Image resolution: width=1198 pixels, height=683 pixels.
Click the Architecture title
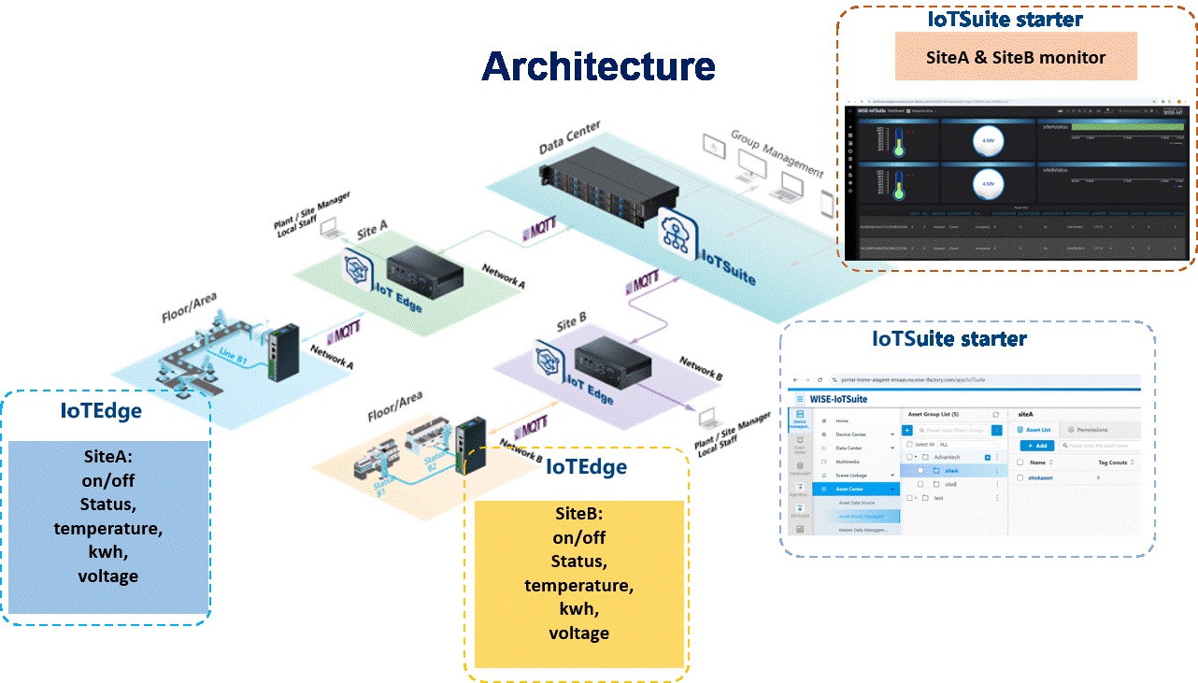click(598, 66)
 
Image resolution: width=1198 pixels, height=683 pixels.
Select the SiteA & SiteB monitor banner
click(1016, 57)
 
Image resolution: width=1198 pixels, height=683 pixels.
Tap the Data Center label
click(569, 137)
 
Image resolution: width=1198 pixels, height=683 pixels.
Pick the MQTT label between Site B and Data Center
click(645, 281)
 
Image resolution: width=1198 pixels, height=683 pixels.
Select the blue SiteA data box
click(108, 527)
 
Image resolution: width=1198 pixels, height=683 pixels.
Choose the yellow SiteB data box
click(579, 583)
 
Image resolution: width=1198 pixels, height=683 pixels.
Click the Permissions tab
click(1091, 430)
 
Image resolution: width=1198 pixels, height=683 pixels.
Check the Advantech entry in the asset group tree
click(947, 457)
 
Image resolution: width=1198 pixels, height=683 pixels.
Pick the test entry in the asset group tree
click(938, 498)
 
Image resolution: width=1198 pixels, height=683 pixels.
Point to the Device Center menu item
click(850, 434)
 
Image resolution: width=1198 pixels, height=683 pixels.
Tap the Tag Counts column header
click(1112, 462)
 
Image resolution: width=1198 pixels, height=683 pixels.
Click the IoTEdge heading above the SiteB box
click(586, 466)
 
